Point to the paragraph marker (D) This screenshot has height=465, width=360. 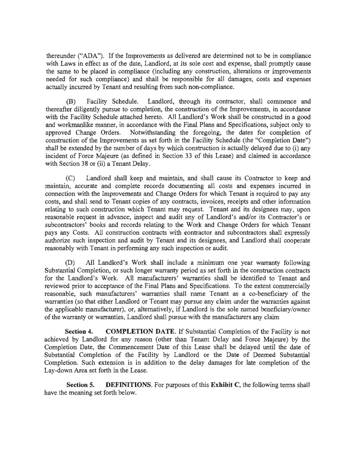coord(72,263)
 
